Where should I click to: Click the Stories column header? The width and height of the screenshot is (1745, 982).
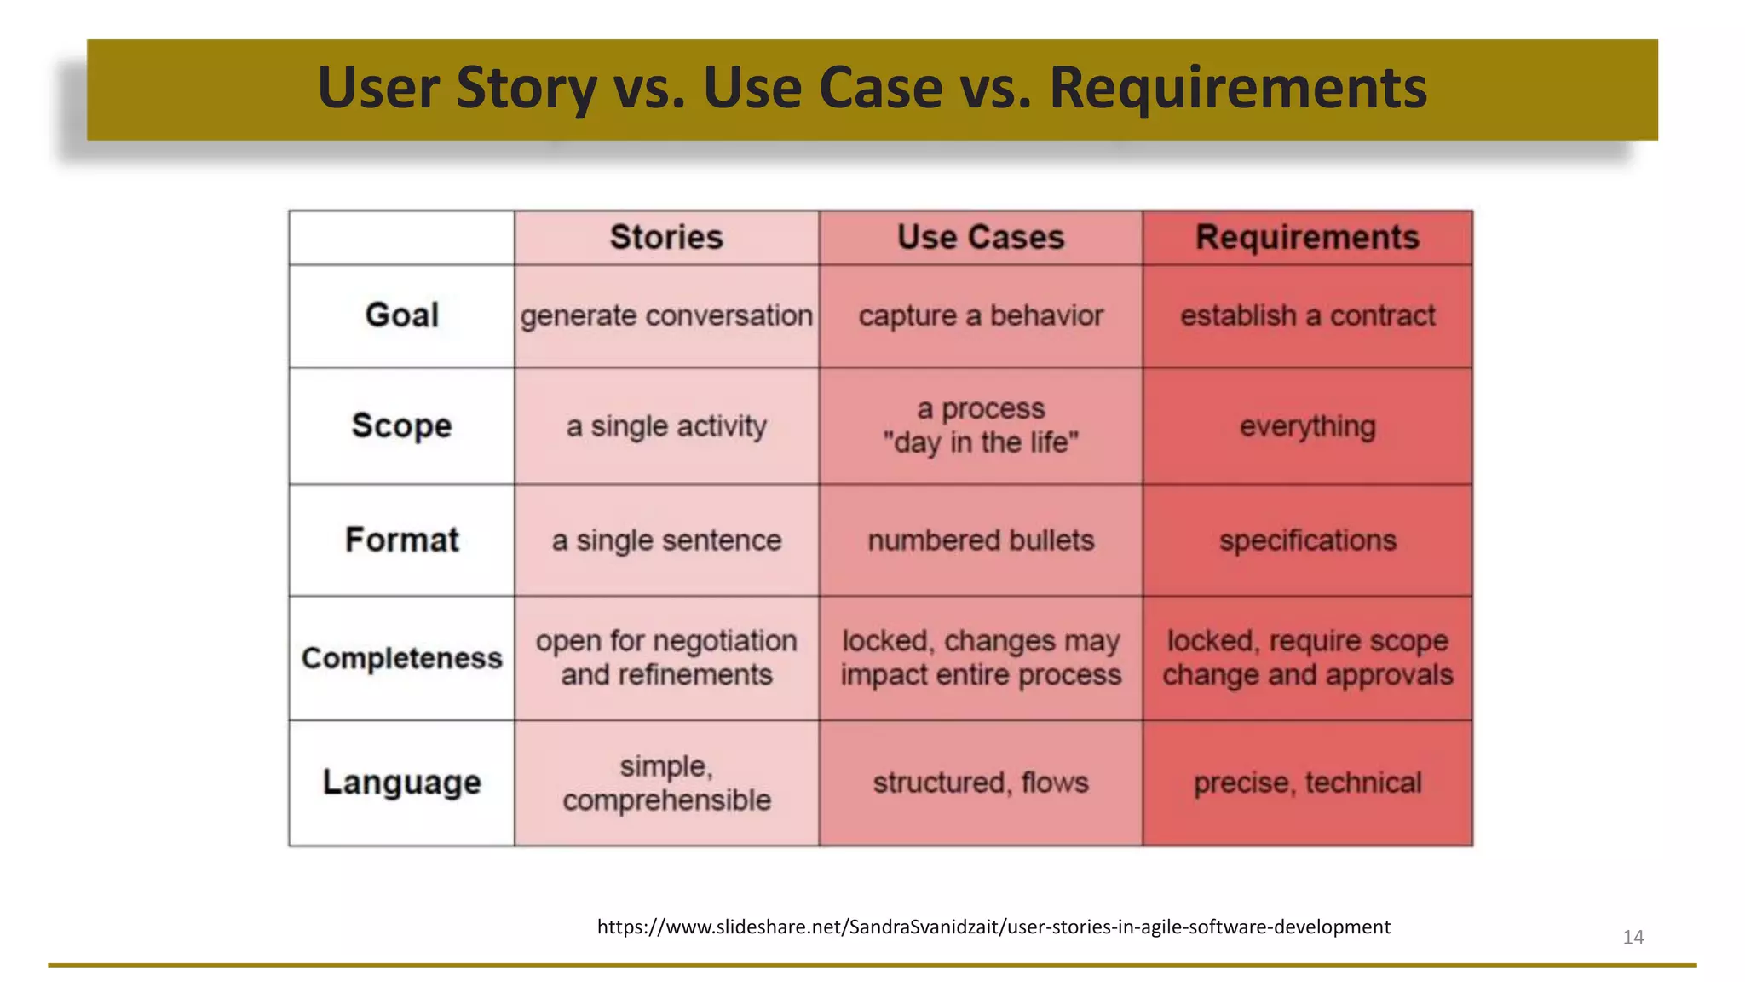pyautogui.click(x=666, y=237)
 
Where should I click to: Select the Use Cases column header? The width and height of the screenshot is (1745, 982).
pyautogui.click(x=981, y=237)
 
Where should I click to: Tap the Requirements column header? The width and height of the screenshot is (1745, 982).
pyautogui.click(x=1307, y=237)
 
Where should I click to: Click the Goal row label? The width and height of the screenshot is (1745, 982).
pyautogui.click(x=401, y=315)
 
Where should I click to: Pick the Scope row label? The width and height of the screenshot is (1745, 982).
pyautogui.click(x=401, y=425)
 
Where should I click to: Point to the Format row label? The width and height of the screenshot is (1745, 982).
pyautogui.click(x=401, y=540)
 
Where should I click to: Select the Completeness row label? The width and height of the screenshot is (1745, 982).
pyautogui.click(x=401, y=658)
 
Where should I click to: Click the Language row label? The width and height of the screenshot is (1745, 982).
pyautogui.click(x=401, y=782)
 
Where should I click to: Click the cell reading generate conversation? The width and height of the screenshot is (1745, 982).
pyautogui.click(x=666, y=315)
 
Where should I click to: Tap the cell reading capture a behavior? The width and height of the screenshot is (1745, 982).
pyautogui.click(x=981, y=315)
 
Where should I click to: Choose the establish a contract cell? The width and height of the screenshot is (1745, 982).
pyautogui.click(x=1307, y=315)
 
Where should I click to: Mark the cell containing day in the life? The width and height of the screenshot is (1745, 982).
pyautogui.click(x=981, y=426)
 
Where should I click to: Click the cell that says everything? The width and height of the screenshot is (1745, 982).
pyautogui.click(x=1307, y=425)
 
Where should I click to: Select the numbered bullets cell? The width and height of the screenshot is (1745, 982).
pyautogui.click(x=981, y=540)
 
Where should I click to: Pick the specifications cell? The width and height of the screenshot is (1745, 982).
pyautogui.click(x=1307, y=540)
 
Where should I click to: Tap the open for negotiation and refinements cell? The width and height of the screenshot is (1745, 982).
pyautogui.click(x=666, y=657)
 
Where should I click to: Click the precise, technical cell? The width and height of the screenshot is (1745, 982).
pyautogui.click(x=1307, y=782)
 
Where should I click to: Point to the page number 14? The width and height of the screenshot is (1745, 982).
pyautogui.click(x=1633, y=937)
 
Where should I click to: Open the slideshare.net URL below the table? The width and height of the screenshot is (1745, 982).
pyautogui.click(x=993, y=927)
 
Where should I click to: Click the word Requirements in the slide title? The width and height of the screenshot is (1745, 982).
pyautogui.click(x=1237, y=88)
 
